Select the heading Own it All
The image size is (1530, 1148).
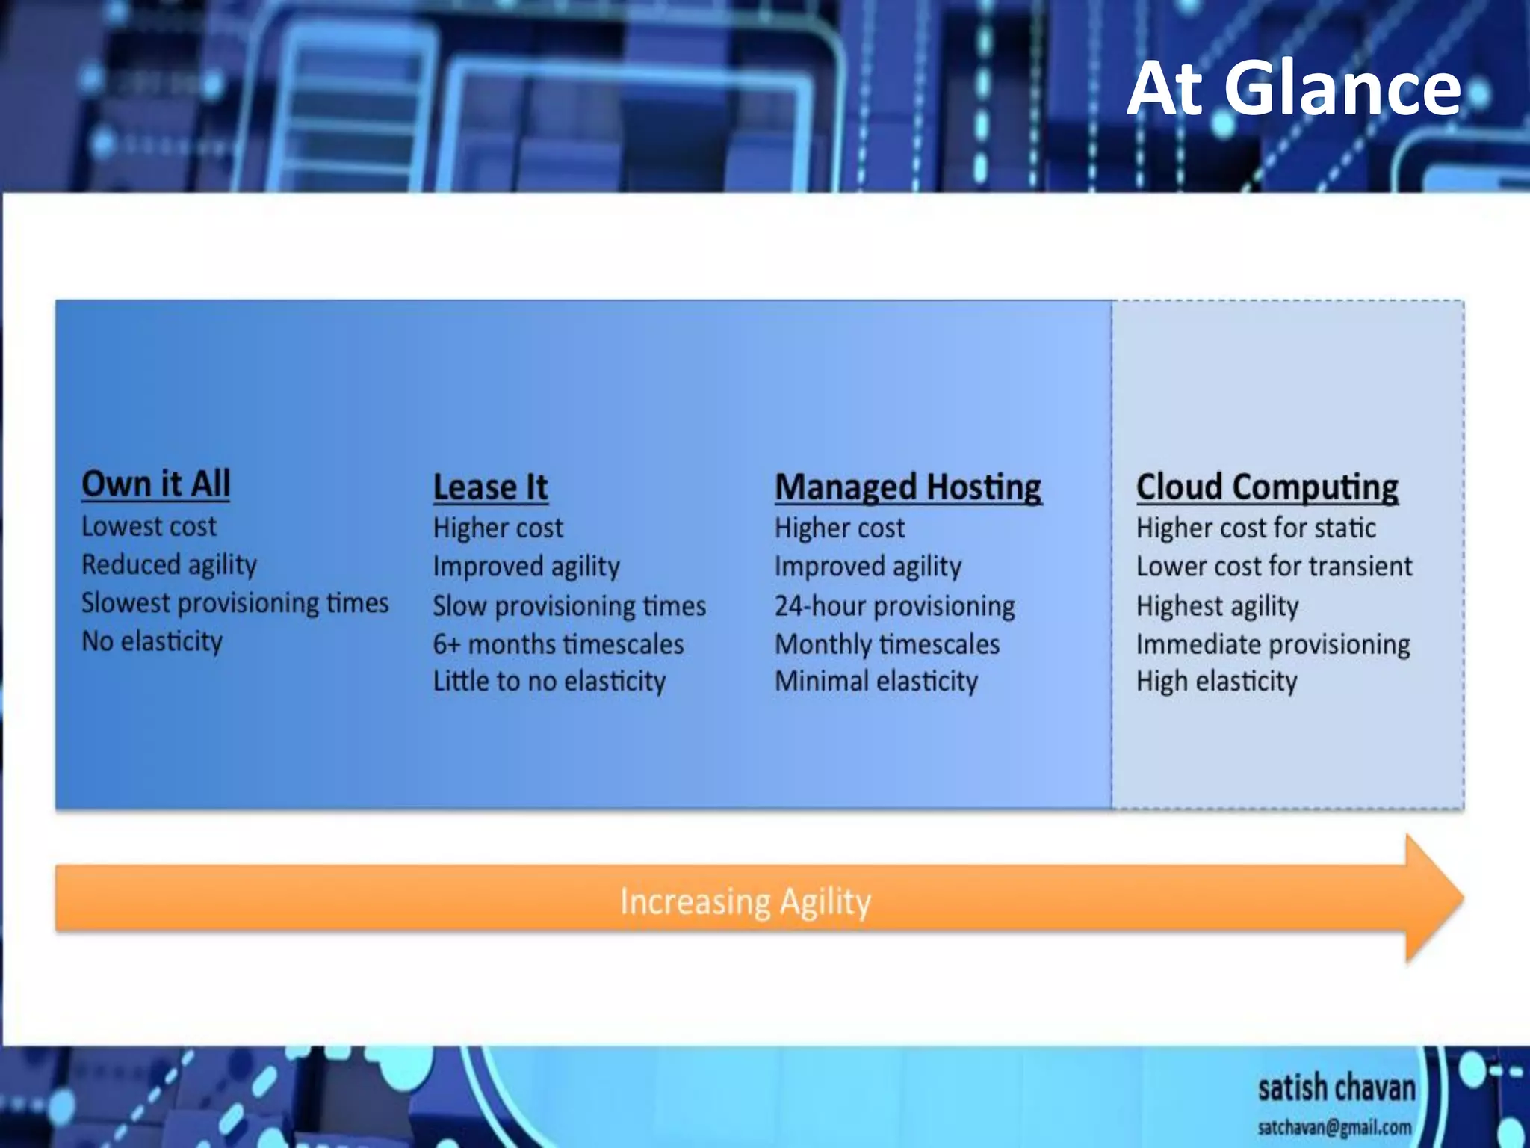tap(156, 484)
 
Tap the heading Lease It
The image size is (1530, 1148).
tap(490, 487)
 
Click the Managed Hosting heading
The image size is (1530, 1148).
tap(908, 487)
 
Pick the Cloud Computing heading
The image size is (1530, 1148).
tap(1267, 487)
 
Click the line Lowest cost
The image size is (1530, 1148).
tap(149, 527)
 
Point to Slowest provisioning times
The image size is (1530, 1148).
tap(235, 603)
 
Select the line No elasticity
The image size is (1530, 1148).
tap(152, 641)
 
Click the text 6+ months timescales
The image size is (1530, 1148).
tap(558, 644)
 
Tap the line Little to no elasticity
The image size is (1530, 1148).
tap(549, 682)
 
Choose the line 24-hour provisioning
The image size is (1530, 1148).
tap(894, 606)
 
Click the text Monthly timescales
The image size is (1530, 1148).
tap(887, 644)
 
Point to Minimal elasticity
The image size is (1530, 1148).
tap(876, 682)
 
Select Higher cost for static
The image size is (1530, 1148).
tap(1256, 528)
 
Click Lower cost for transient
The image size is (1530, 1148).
tap(1274, 567)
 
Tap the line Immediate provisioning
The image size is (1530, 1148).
tap(1273, 644)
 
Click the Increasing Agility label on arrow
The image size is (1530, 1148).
tap(746, 901)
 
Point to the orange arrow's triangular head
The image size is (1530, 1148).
tap(1431, 898)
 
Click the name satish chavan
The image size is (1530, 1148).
tap(1337, 1088)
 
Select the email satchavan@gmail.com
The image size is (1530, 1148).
tap(1334, 1127)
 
